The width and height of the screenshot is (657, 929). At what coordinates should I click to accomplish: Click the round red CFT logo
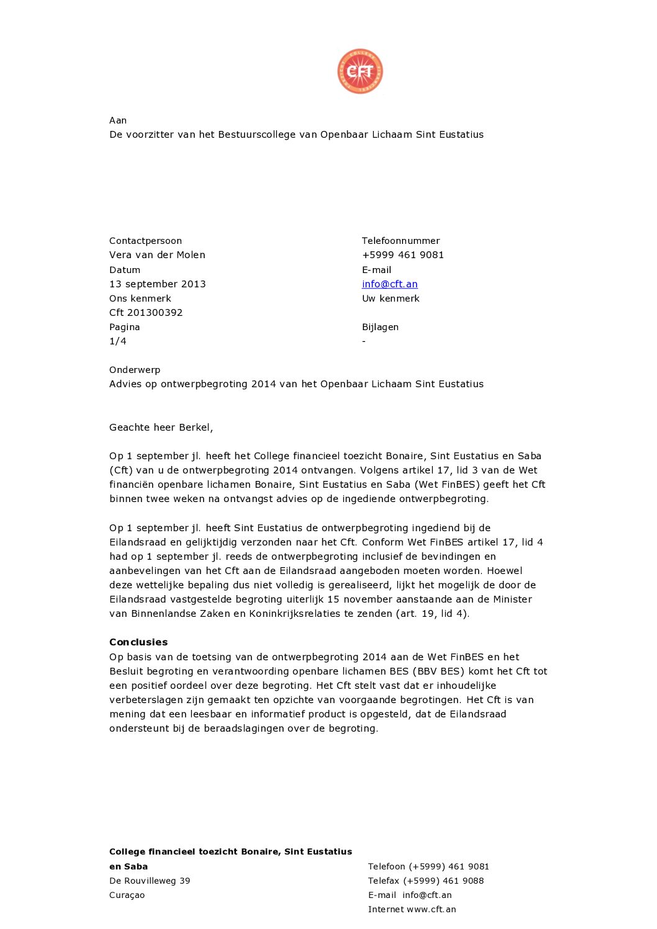pos(360,71)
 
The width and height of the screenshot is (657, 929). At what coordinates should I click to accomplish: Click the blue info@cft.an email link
pos(389,284)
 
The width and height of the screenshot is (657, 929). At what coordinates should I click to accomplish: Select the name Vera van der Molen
pos(157,255)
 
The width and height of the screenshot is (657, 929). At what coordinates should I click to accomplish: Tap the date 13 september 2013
pos(157,284)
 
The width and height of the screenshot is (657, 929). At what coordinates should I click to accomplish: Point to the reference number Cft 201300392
pos(146,313)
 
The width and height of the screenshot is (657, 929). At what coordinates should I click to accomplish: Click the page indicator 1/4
pos(118,341)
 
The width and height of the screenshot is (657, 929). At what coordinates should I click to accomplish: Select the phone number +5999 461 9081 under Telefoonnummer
pos(402,255)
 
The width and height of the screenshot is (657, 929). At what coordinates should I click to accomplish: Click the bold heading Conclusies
pos(138,642)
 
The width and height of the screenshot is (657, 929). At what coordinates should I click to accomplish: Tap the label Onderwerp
pos(135,370)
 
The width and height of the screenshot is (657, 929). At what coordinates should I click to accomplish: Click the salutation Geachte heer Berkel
pos(161,428)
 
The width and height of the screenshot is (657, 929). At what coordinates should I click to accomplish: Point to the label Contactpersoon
pos(145,241)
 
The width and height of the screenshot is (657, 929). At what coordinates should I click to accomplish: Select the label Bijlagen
pos(380,327)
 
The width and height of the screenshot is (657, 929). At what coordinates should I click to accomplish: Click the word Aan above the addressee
pos(118,120)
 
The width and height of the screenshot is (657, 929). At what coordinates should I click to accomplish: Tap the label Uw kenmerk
pos(391,298)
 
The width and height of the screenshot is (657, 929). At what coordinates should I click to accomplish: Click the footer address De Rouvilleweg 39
pos(150,881)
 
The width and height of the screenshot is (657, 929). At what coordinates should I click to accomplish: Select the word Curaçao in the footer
pos(127,895)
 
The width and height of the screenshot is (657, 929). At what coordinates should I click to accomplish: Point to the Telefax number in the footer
pos(443,881)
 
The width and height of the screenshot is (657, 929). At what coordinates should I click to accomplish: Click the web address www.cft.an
pos(431,909)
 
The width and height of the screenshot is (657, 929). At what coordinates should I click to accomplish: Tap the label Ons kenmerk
pos(140,298)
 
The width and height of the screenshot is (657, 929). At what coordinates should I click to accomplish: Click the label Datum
pos(125,270)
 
